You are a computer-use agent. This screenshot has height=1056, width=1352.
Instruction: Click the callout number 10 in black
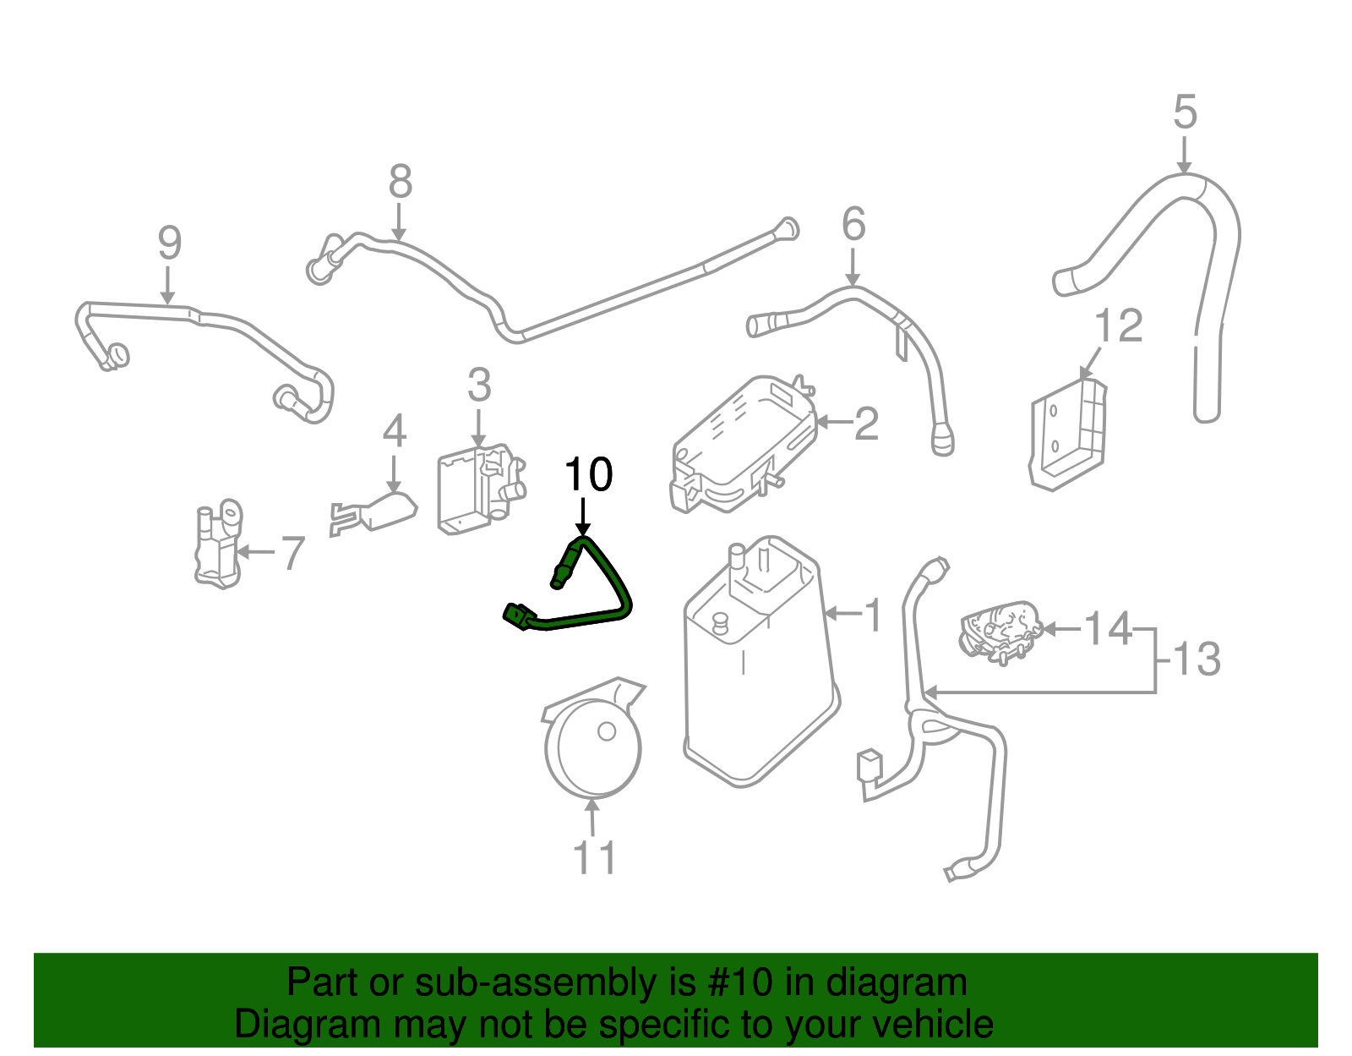(x=588, y=475)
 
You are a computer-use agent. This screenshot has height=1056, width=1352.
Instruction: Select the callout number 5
(x=1185, y=112)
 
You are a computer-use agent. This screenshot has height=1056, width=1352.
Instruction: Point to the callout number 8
(x=400, y=182)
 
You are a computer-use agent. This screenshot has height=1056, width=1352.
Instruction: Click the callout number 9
(x=169, y=243)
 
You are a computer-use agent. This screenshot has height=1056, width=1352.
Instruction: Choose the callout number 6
(x=853, y=225)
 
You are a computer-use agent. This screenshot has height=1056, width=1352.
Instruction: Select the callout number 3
(x=478, y=386)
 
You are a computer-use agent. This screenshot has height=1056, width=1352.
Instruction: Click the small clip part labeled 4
(x=376, y=512)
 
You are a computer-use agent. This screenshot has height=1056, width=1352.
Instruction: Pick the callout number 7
(x=292, y=554)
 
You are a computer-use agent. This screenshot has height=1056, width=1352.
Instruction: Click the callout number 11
(x=594, y=858)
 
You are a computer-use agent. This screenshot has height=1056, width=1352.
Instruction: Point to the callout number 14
(x=1107, y=629)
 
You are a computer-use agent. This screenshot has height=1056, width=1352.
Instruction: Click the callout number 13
(x=1197, y=659)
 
